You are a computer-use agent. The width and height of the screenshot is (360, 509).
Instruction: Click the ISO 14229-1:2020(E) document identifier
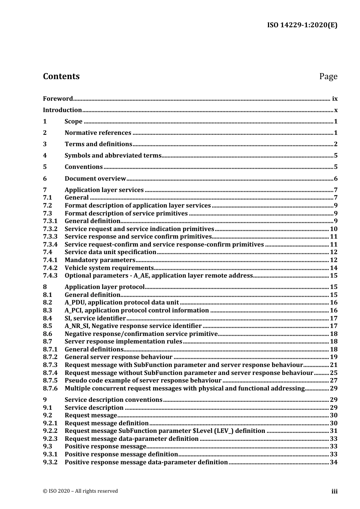[302, 25]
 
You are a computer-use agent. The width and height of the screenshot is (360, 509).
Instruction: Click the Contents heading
[61, 76]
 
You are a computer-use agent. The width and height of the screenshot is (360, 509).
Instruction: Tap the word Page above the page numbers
[328, 77]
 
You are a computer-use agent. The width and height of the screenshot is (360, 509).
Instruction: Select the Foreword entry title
[58, 99]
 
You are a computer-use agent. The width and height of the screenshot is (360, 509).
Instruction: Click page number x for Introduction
[336, 110]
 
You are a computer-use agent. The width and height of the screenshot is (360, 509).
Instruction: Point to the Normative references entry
[98, 133]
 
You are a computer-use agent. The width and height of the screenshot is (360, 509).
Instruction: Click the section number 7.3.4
[50, 245]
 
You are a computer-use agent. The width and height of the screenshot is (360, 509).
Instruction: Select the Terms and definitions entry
[98, 144]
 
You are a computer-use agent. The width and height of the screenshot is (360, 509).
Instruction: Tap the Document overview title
[95, 179]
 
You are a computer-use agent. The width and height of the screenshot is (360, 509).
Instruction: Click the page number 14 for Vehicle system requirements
[333, 268]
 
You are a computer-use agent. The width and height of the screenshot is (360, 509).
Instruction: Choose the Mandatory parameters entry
[100, 260]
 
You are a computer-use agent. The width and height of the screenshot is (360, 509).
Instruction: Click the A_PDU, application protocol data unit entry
[122, 303]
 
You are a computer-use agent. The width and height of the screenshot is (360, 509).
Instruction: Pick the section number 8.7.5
[50, 381]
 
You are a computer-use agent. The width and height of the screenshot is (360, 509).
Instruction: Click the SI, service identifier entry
[95, 319]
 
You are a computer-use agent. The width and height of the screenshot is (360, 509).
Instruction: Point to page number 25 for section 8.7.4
[333, 373]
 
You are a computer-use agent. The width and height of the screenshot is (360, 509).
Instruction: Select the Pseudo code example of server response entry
[143, 381]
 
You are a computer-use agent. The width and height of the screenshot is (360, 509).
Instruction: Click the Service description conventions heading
[113, 400]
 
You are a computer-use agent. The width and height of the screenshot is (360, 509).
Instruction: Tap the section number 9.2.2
[50, 431]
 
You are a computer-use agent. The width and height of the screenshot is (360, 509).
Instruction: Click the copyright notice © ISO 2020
[80, 491]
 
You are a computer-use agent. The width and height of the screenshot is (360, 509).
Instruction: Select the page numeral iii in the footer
[334, 492]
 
